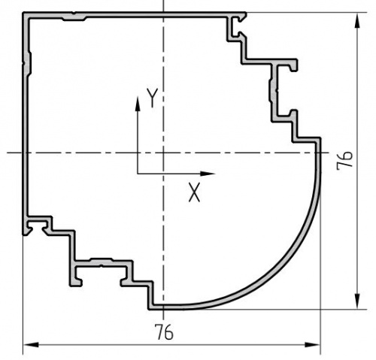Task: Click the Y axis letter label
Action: pos(153,98)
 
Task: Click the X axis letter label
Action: pos(194,192)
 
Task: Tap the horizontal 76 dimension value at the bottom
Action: pos(164,332)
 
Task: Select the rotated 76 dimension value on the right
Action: pos(344,161)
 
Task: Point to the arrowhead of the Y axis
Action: pos(138,104)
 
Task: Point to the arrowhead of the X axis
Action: pos(208,174)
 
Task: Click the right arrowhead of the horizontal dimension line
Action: pos(312,345)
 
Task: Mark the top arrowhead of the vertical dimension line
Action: pos(357,20)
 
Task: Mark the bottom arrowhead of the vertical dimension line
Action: pos(357,301)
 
